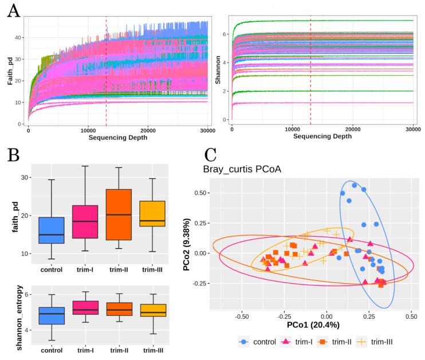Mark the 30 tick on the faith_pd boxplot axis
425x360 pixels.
point(26,177)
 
